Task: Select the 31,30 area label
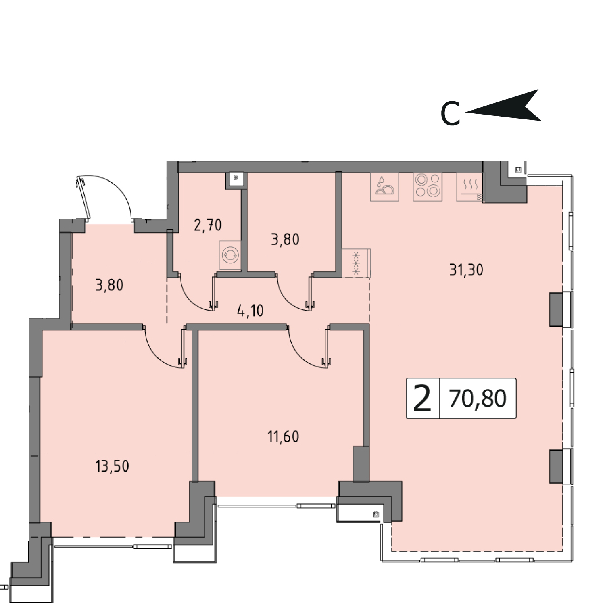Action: tap(466, 269)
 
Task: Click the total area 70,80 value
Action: tap(478, 399)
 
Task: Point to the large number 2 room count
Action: tap(422, 398)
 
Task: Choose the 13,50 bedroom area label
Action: tap(112, 466)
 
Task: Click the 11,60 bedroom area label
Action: tap(283, 436)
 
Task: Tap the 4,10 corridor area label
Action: tap(250, 311)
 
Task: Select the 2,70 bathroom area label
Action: tap(208, 225)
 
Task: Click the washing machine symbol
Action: tap(230, 255)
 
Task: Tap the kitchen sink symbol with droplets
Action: tap(385, 187)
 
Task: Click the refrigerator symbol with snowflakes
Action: tap(356, 263)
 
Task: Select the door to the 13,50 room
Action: tap(165, 347)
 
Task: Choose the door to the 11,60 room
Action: tap(309, 347)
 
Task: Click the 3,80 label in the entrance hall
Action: tap(109, 285)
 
